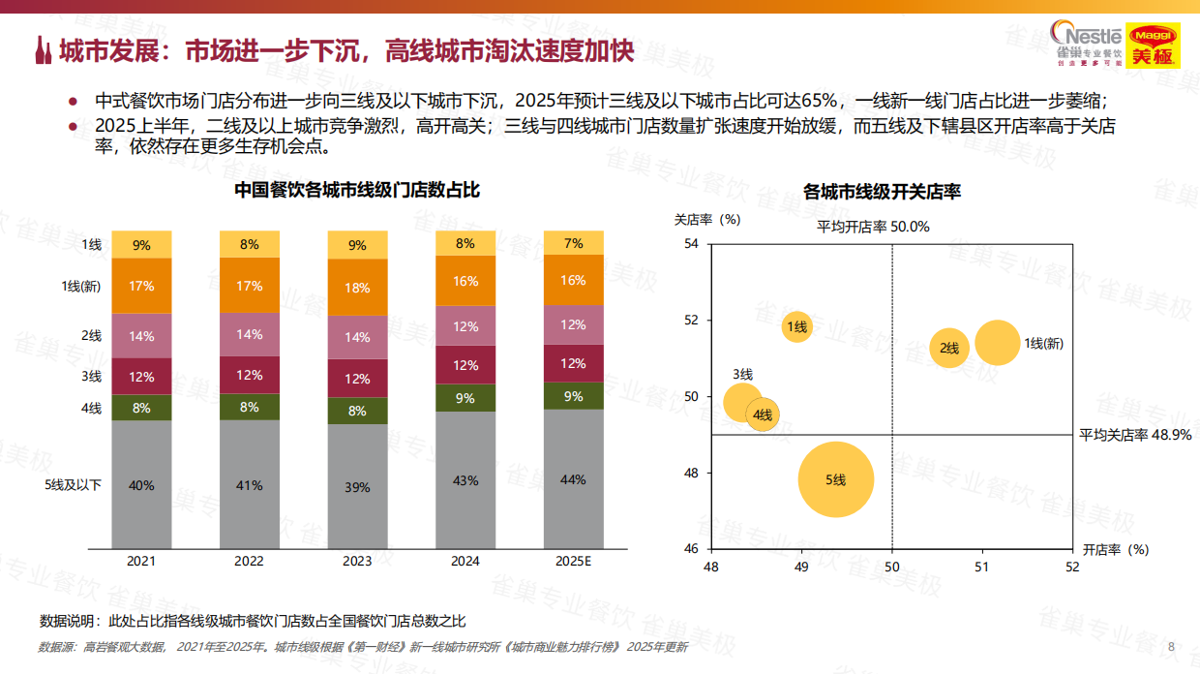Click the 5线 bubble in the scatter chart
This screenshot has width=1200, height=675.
(x=836, y=479)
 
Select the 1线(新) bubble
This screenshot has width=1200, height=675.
(x=997, y=343)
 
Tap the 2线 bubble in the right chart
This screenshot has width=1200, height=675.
(x=949, y=349)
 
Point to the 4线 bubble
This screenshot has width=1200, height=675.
(x=763, y=415)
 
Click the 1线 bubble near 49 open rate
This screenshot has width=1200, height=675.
(x=796, y=327)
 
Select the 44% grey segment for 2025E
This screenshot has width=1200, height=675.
(x=573, y=478)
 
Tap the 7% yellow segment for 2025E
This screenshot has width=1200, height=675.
(x=573, y=243)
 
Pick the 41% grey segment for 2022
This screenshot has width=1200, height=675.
(x=250, y=484)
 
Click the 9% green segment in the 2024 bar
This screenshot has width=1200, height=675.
(x=465, y=398)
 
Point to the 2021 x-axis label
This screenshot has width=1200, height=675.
(x=141, y=561)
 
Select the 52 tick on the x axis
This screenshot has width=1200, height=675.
(x=1072, y=567)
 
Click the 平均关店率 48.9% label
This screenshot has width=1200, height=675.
(x=1135, y=435)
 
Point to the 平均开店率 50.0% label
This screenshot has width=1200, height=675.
(x=874, y=227)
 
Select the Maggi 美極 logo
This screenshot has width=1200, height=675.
(x=1152, y=45)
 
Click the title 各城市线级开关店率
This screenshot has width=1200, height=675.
(x=882, y=192)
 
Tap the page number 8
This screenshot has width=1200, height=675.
(x=1172, y=647)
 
